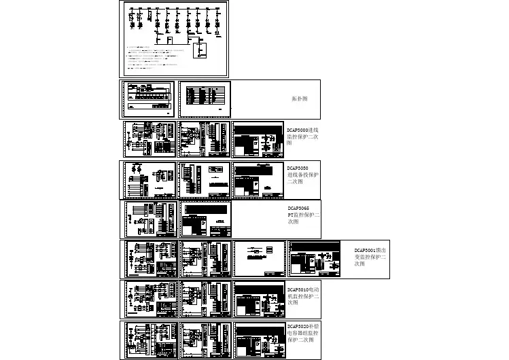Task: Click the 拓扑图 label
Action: (x=300, y=98)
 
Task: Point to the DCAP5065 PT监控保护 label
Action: (x=303, y=215)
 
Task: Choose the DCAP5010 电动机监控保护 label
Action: (x=302, y=295)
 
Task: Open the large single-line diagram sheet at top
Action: (x=175, y=39)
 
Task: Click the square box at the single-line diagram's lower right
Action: (x=202, y=50)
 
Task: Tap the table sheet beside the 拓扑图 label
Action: (x=205, y=99)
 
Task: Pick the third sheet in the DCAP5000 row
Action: (x=258, y=139)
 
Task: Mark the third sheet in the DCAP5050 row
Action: (x=258, y=179)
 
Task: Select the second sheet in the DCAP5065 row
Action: (x=205, y=219)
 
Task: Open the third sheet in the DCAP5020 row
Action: (x=259, y=338)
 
